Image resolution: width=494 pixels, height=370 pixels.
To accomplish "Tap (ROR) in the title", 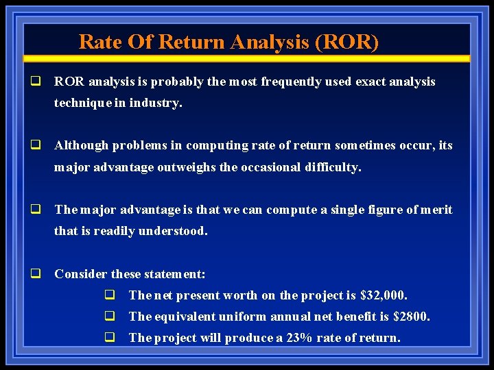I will coord(346,42).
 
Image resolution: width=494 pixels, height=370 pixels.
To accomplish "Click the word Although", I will coord(82,146).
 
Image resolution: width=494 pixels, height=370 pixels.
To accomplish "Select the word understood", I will coord(174,231).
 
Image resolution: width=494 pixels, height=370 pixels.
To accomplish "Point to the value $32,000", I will coord(384,295).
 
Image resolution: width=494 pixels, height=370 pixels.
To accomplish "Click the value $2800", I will coord(412,317).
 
